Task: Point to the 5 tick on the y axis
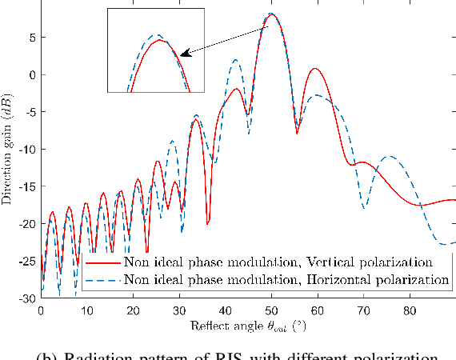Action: click(30, 37)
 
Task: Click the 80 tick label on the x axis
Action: click(410, 310)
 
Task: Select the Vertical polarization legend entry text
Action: click(278, 262)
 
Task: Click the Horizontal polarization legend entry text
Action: click(286, 279)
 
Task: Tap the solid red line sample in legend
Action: click(103, 262)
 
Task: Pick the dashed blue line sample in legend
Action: click(103, 279)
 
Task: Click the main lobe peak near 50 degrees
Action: click(272, 14)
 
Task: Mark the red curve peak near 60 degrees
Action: click(316, 69)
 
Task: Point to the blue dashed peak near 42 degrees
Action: click(235, 60)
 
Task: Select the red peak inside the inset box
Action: click(160, 40)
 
